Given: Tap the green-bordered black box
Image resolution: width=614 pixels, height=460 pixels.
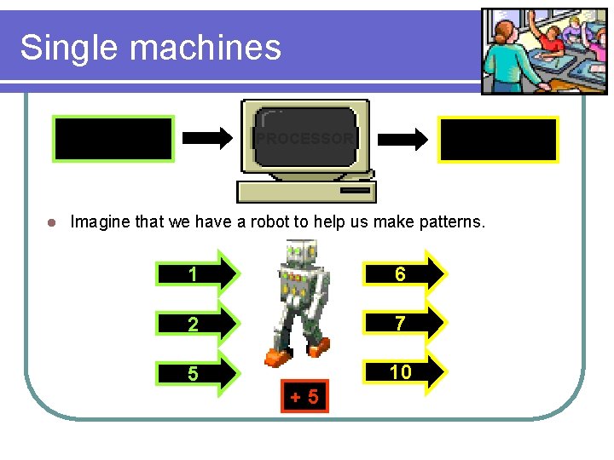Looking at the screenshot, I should [x=113, y=139].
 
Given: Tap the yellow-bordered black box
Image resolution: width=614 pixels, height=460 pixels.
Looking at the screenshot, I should [x=499, y=140].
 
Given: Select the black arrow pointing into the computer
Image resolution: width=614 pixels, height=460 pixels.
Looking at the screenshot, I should [x=208, y=138].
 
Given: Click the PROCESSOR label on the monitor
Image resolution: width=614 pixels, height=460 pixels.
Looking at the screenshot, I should [x=304, y=138].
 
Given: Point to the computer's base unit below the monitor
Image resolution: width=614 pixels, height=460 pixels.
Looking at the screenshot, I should [x=305, y=191].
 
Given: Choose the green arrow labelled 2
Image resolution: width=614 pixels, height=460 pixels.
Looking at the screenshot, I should [x=197, y=324].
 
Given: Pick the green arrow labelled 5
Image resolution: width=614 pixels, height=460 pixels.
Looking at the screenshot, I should [x=197, y=374].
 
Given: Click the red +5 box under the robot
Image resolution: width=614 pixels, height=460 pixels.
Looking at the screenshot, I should [x=304, y=396].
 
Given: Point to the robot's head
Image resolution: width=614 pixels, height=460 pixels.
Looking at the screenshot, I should [x=301, y=253].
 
